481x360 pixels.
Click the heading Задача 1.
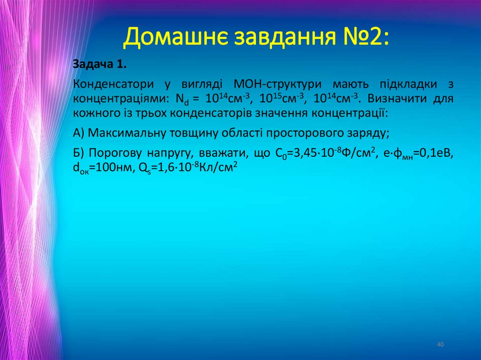pyautogui.click(x=100, y=64)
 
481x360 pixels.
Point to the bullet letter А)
pyautogui.click(x=78, y=133)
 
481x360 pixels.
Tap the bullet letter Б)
pyautogui.click(x=79, y=153)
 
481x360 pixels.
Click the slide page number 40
pyautogui.click(x=440, y=345)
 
